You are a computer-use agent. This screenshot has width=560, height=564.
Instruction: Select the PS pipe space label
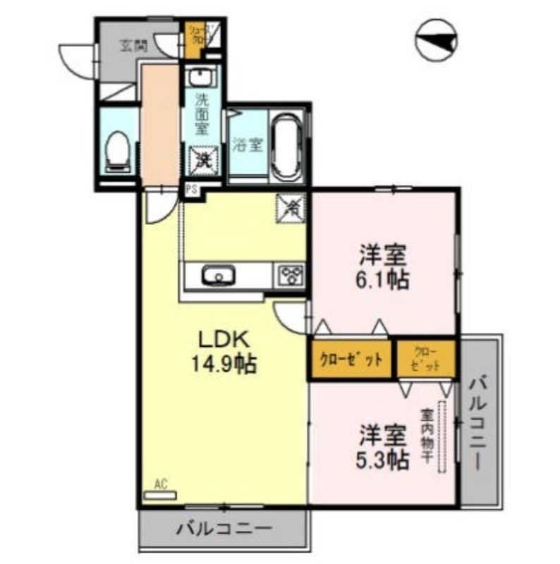190,190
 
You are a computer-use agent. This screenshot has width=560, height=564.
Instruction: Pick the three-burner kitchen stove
291,275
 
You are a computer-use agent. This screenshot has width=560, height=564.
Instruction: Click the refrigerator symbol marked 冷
291,207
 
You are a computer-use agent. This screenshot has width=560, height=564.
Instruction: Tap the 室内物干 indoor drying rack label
427,436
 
